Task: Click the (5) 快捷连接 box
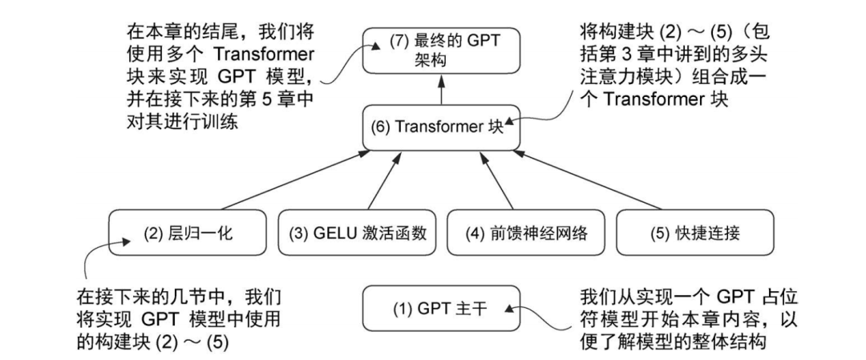pos(695,234)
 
